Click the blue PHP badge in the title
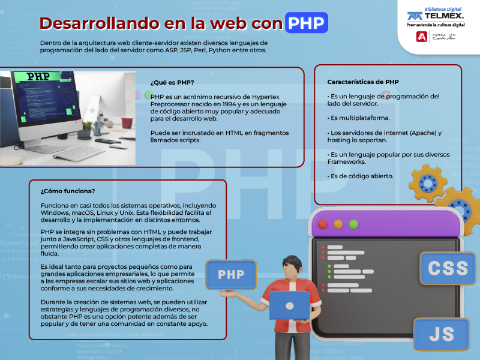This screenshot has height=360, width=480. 307,23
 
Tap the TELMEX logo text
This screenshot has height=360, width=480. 444,16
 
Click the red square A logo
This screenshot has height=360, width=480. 422,37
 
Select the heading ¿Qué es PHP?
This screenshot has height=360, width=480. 172,82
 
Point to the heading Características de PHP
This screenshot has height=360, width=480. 363,82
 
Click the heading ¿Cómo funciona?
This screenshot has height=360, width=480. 68,191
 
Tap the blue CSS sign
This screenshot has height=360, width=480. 448,268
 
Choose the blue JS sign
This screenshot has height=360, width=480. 442,334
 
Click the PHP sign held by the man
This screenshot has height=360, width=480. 231,275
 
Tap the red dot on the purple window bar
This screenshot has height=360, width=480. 323,224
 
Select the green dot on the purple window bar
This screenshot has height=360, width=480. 353,224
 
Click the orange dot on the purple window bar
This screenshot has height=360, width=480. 338,224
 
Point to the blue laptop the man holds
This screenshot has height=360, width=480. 290,305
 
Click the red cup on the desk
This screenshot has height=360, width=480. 127,123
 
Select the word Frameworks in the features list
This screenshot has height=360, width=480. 347,161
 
